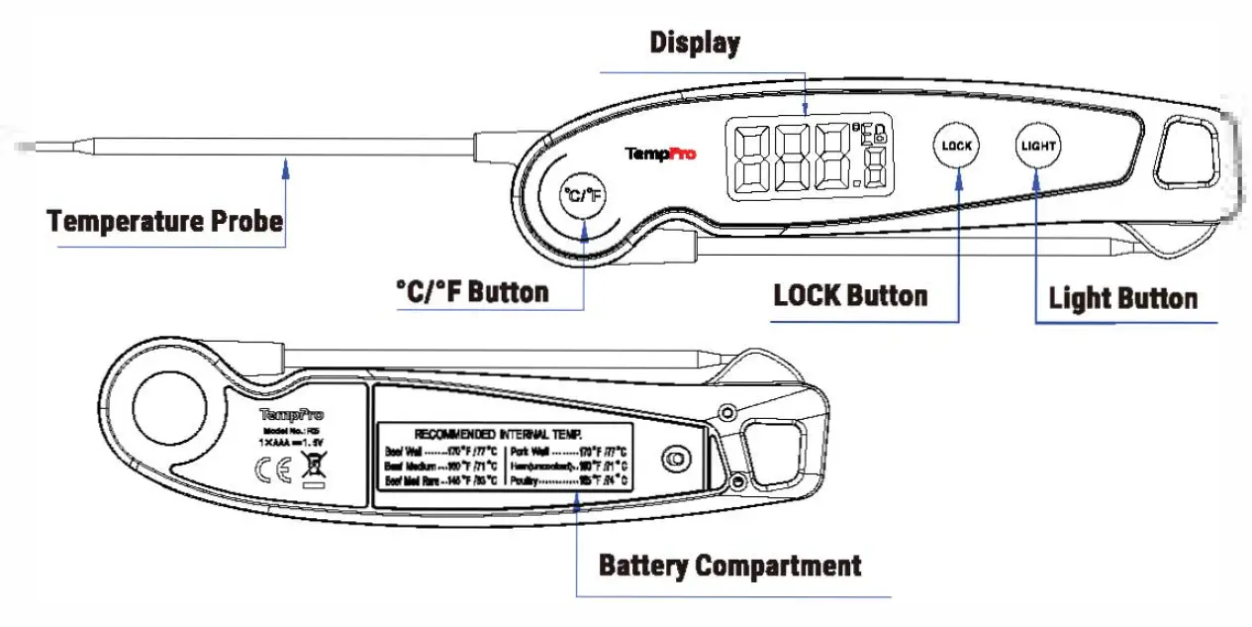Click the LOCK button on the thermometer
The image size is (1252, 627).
point(956,146)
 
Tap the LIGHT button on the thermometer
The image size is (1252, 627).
point(1037,146)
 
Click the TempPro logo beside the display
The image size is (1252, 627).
point(660,154)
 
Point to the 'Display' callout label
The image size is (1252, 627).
point(695,43)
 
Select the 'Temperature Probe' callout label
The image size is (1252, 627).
point(165,220)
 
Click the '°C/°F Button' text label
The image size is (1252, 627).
point(471,291)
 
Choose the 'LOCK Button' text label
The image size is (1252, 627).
point(850,295)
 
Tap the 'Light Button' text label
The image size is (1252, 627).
point(1122,298)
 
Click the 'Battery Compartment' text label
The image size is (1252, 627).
point(729,566)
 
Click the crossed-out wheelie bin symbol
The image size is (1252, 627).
point(313,469)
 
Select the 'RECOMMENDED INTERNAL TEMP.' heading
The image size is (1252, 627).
point(498,434)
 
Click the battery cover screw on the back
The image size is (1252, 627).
point(676,459)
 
